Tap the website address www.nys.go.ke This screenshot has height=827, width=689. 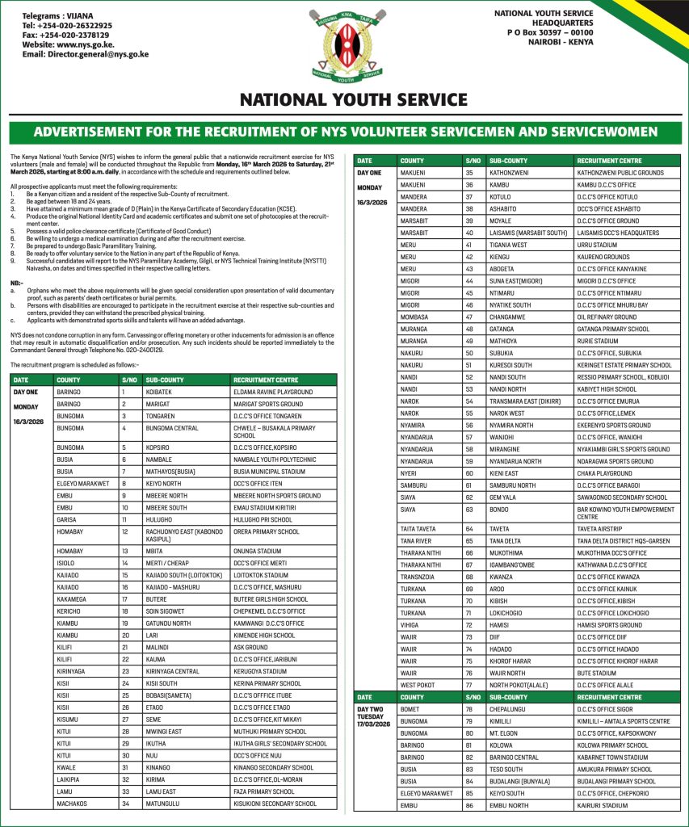point(69,45)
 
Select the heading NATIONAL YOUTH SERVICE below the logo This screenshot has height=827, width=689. point(353,100)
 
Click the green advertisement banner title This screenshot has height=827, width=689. point(345,132)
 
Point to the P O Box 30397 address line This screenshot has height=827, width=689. point(550,32)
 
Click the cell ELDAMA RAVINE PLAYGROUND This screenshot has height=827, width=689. point(272,392)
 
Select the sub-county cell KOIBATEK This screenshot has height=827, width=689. point(162,392)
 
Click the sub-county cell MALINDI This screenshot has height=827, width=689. point(158,647)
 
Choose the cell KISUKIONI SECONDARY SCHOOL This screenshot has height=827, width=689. point(275,804)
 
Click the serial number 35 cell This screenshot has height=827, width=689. point(469,172)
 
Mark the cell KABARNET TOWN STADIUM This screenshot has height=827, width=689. point(612,758)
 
